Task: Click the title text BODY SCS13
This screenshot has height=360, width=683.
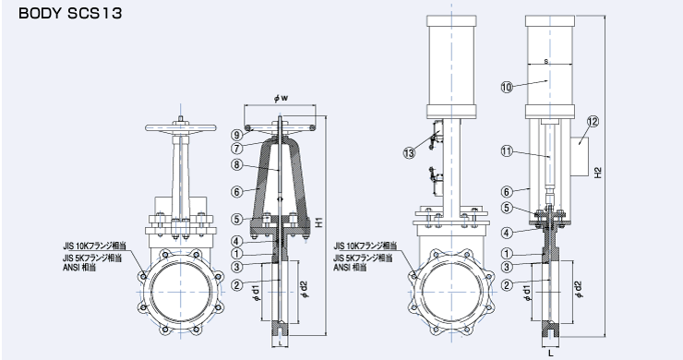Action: point(70,13)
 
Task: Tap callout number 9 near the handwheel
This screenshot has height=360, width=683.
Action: point(237,135)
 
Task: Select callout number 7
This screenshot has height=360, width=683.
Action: point(236,149)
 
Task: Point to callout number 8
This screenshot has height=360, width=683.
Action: point(236,165)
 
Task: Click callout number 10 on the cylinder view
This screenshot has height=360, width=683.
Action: point(507,87)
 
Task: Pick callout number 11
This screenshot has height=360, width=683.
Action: point(507,151)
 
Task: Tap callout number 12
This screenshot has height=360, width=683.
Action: point(593,122)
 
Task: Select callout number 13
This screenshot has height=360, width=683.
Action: point(410,153)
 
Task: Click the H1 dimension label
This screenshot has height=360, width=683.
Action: point(319,222)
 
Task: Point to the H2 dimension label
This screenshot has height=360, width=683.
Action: point(598,173)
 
